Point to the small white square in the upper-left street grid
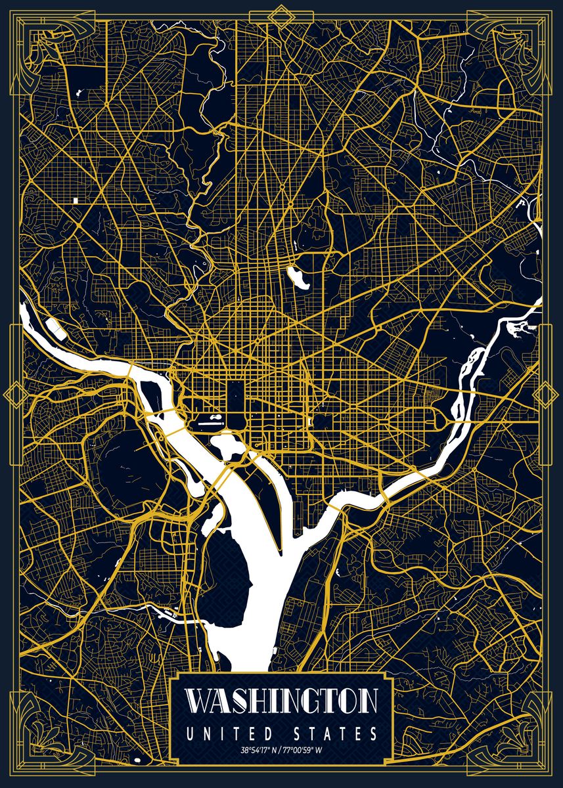pyautogui.click(x=76, y=199)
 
